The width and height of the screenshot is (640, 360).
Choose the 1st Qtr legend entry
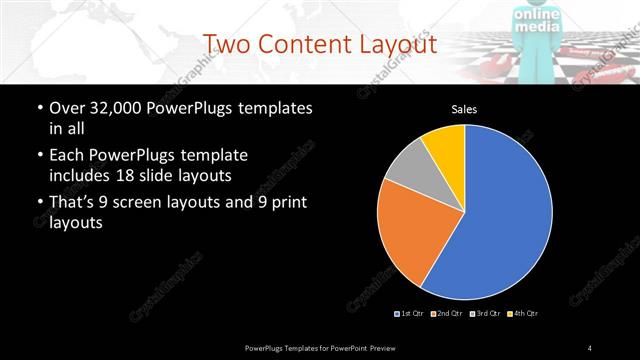pyautogui.click(x=411, y=314)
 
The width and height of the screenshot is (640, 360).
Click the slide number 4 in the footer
pyautogui.click(x=590, y=347)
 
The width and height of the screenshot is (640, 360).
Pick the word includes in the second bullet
pyautogui.click(x=83, y=175)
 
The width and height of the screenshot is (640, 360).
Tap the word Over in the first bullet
pyautogui.click(x=67, y=108)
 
